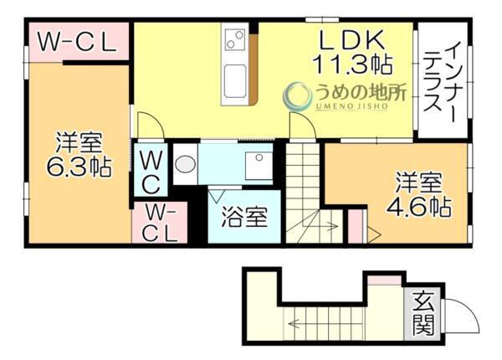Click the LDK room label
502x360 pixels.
[x=351, y=39]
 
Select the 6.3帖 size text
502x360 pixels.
[x=79, y=167]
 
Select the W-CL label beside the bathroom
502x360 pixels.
[x=159, y=223]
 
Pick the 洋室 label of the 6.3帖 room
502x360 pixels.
[x=79, y=141]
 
